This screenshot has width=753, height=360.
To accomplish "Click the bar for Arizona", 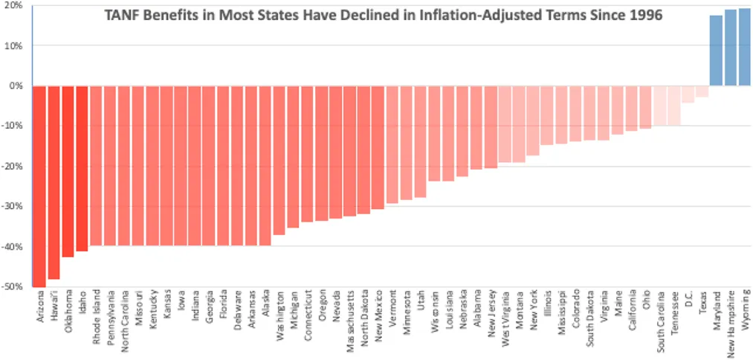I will click(39, 186).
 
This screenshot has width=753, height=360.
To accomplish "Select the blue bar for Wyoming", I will click(744, 47).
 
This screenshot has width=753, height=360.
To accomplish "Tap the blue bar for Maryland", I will click(716, 51).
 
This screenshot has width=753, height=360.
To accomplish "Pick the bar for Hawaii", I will click(54, 182).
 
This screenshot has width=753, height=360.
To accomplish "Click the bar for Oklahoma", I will click(68, 171).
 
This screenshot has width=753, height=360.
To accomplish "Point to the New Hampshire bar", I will click(730, 48).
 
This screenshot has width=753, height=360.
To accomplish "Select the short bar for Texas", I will click(702, 91).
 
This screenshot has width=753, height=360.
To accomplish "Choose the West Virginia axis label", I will click(505, 318).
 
